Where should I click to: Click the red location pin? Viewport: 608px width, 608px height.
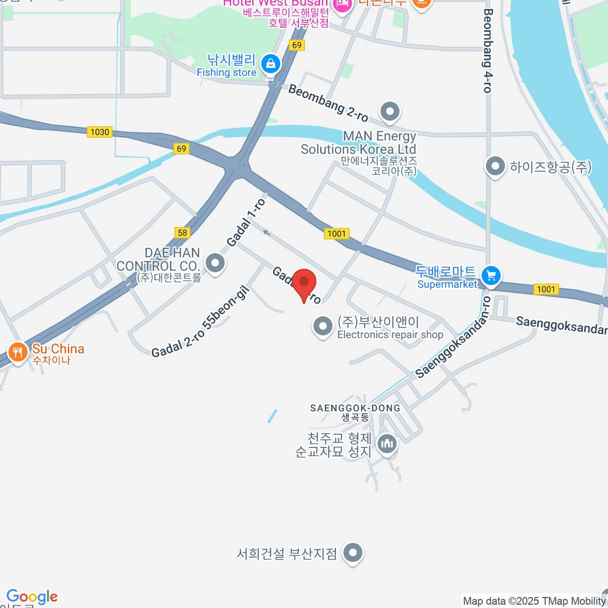coord(304,283)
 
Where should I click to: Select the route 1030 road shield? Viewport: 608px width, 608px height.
coord(99,132)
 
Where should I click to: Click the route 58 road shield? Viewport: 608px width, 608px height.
coord(182,233)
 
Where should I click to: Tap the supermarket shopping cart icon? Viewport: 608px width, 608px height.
coord(490,276)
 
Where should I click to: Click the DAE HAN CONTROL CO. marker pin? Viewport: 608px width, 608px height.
coord(216,263)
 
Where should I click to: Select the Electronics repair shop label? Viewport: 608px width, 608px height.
coord(390,335)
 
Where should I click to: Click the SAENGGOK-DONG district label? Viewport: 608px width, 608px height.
coord(355,408)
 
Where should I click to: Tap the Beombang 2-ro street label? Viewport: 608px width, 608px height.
coord(328,103)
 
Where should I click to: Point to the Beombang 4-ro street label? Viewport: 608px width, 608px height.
coord(487,51)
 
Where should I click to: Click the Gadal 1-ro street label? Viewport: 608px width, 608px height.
coord(246,222)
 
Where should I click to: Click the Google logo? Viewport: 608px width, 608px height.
coord(32,597)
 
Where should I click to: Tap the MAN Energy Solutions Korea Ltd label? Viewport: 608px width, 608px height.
coord(358,143)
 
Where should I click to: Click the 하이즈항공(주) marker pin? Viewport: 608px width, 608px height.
coord(495,166)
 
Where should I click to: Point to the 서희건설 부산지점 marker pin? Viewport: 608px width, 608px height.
coord(353,553)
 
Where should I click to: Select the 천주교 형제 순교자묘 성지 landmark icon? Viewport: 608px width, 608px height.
coord(388,444)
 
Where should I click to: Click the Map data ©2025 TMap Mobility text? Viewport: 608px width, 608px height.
coord(535,601)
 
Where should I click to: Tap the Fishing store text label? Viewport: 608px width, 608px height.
coord(226,72)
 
